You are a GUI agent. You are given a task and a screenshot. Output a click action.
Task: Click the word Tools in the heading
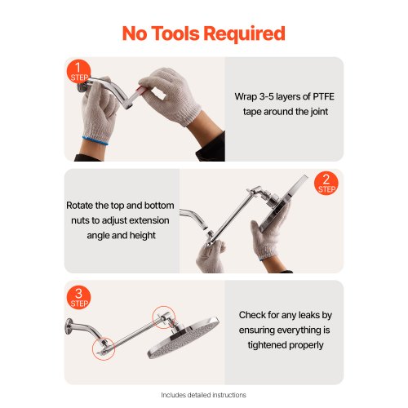[x=175, y=33]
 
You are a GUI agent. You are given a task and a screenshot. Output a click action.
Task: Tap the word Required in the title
[x=244, y=33]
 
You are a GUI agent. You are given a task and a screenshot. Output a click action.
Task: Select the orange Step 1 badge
[x=78, y=72]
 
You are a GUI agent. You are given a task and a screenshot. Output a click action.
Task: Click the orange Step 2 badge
[x=326, y=183]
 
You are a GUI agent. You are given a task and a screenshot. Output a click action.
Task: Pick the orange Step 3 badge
[x=78, y=298]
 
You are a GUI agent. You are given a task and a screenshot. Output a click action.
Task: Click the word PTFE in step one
[x=323, y=96]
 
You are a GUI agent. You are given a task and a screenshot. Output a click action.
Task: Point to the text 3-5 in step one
[x=266, y=96]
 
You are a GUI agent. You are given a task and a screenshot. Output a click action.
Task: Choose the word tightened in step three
[x=267, y=345]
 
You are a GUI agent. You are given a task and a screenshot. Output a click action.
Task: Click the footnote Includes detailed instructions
[x=203, y=395]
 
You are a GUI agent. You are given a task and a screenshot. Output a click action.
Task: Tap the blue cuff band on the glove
[x=95, y=140]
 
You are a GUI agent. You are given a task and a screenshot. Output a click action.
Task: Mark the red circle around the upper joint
[x=164, y=306]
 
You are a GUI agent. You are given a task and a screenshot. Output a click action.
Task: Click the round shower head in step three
[x=183, y=337]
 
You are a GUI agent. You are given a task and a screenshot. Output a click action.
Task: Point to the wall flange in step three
[x=69, y=326]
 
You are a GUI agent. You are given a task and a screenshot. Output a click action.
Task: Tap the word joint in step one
[x=317, y=112]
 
